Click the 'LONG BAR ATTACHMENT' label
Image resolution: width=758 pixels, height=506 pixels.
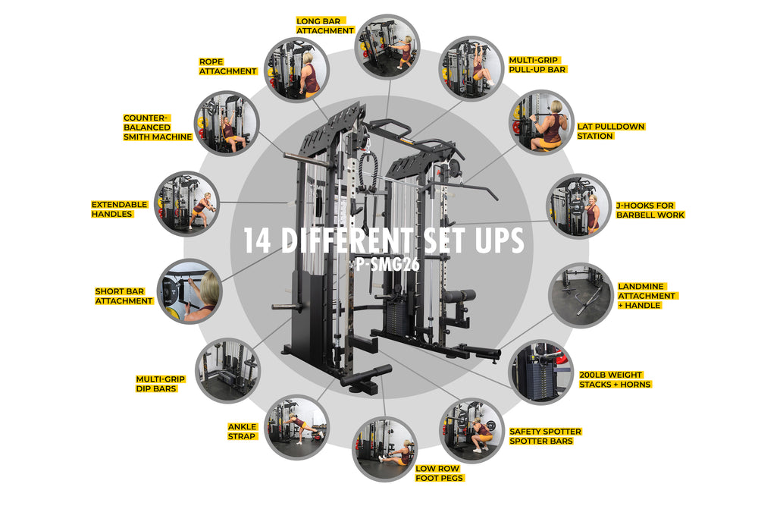[x=325, y=26]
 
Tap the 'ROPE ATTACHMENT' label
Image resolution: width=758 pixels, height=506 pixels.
[x=227, y=66]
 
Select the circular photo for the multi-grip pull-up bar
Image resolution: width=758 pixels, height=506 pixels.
[x=471, y=68]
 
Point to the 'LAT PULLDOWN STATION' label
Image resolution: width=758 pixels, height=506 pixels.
[x=611, y=131]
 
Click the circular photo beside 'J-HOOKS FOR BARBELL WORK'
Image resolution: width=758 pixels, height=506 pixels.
[x=578, y=206]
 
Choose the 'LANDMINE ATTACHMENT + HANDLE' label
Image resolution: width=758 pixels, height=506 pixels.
[x=647, y=296]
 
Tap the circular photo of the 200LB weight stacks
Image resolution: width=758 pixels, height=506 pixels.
[x=542, y=372]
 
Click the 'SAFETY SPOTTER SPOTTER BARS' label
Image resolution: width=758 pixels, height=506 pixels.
[x=545, y=436]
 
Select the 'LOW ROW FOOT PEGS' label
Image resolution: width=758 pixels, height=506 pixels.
[x=439, y=473]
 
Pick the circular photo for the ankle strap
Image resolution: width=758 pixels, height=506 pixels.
[x=297, y=428]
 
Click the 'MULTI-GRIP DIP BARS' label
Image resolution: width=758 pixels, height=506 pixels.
[x=160, y=384]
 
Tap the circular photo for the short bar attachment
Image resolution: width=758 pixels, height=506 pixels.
[x=189, y=291]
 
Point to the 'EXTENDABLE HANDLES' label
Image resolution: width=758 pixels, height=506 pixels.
[x=119, y=209]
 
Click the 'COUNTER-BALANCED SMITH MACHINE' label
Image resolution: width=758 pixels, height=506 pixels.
[x=158, y=127]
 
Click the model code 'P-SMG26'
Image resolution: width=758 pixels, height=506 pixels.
[x=387, y=264]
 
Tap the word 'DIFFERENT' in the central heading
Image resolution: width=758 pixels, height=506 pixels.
[x=347, y=241]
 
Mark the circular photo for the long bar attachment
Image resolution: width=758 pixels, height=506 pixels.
[x=387, y=46]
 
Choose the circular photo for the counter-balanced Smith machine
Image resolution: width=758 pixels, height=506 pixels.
[x=227, y=123]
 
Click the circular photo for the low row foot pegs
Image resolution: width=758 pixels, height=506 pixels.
[x=384, y=449]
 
